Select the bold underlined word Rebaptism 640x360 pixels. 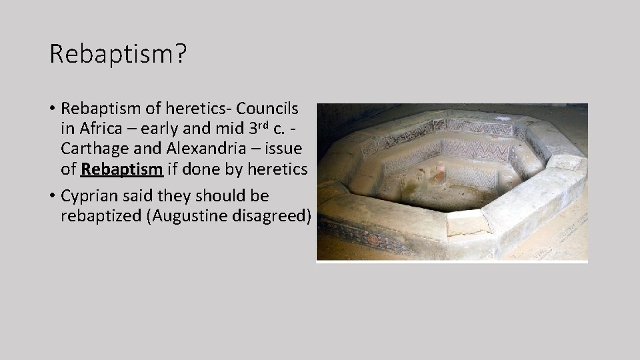click(x=121, y=169)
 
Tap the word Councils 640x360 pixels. click(x=267, y=108)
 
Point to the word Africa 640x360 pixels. click(x=93, y=129)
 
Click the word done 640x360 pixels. click(x=201, y=169)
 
